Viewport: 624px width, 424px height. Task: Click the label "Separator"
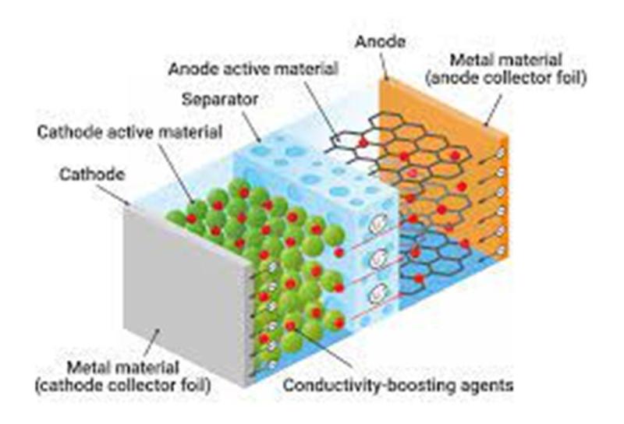220,100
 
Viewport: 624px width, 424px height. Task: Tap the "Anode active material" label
253,69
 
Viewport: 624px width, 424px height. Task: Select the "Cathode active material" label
129,132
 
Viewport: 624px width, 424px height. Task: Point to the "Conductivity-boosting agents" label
398,385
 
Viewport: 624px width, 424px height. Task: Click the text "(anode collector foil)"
505,78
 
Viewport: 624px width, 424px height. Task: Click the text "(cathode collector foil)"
123,385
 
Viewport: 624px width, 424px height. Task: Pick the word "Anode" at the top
380,42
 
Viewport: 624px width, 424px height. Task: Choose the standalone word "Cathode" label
92,175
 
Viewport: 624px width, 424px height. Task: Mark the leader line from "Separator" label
251,126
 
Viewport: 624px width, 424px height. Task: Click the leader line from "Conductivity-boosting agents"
322,346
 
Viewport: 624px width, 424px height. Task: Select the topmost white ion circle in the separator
378,223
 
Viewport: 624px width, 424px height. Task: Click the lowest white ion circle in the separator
378,295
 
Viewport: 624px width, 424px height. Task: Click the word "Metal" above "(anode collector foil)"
470,61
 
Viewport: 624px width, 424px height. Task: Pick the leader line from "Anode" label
383,65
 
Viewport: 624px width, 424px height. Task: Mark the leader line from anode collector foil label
493,110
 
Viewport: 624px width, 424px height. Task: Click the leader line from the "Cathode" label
113,195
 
